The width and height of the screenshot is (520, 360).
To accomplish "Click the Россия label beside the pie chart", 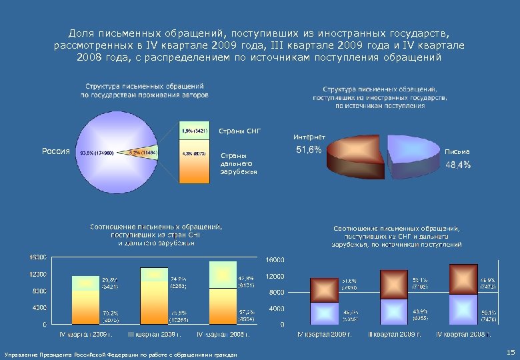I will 56,151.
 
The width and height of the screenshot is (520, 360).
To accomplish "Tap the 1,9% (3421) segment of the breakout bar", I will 195,131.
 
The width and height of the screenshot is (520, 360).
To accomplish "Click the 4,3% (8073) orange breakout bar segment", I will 195,163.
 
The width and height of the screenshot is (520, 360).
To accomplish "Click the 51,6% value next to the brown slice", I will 309,150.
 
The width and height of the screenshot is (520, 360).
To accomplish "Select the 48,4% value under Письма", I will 458,165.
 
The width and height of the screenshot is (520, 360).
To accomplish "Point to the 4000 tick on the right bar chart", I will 276,309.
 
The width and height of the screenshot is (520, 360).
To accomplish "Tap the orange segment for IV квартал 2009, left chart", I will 86,308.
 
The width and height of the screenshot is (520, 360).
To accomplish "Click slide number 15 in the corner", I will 510,351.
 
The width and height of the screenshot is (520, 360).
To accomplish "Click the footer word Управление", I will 21,353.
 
